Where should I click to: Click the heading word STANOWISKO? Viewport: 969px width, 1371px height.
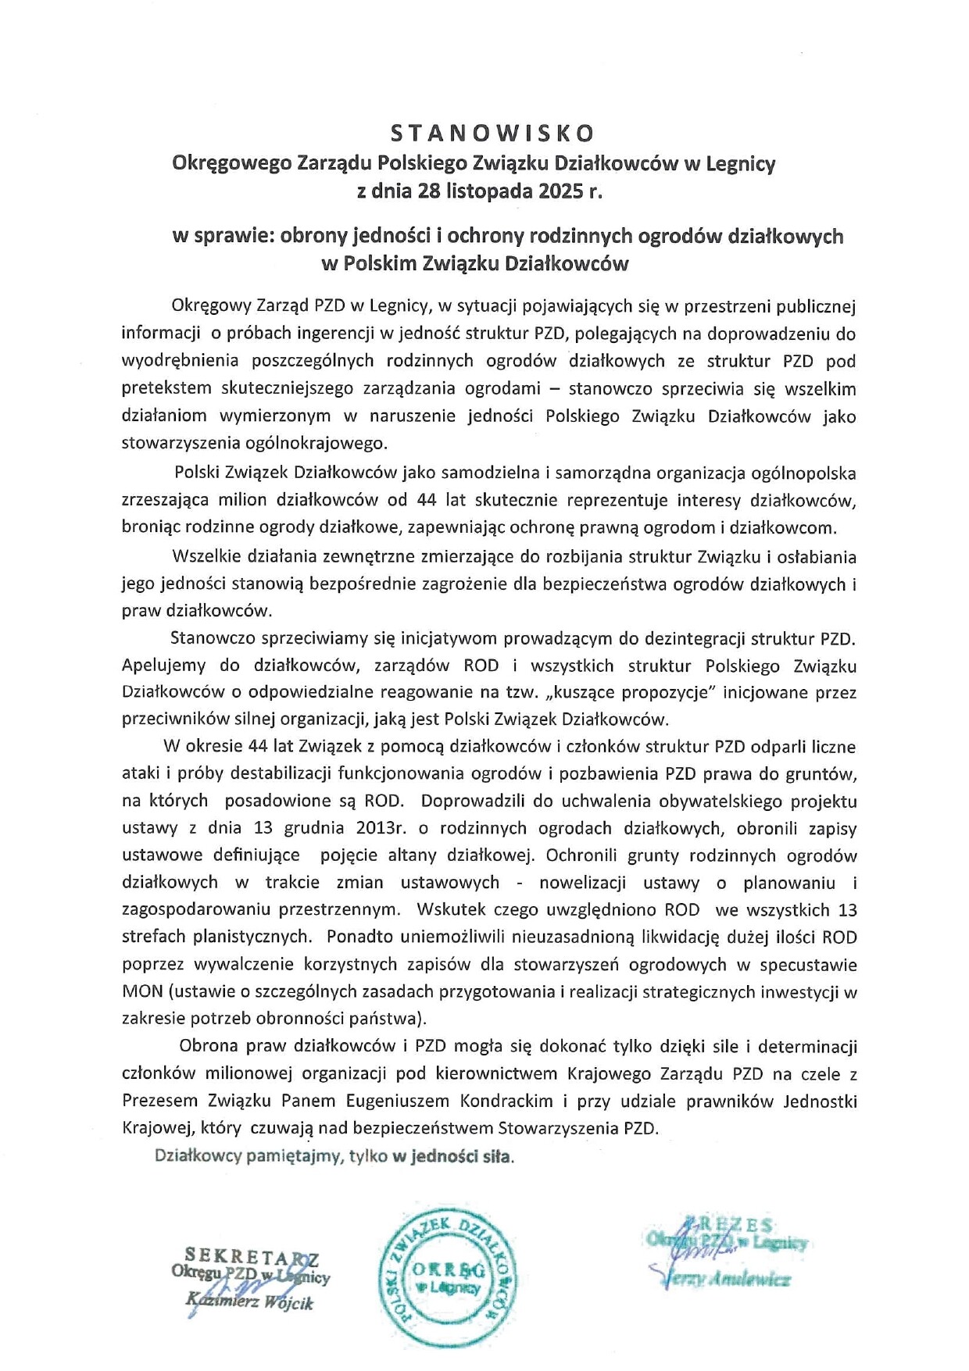click(492, 133)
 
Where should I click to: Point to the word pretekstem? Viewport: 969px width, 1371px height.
click(166, 388)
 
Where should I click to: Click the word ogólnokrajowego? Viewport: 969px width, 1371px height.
click(320, 443)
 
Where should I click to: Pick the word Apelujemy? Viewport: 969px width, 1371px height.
click(164, 666)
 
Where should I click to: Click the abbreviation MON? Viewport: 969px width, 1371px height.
click(142, 991)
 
